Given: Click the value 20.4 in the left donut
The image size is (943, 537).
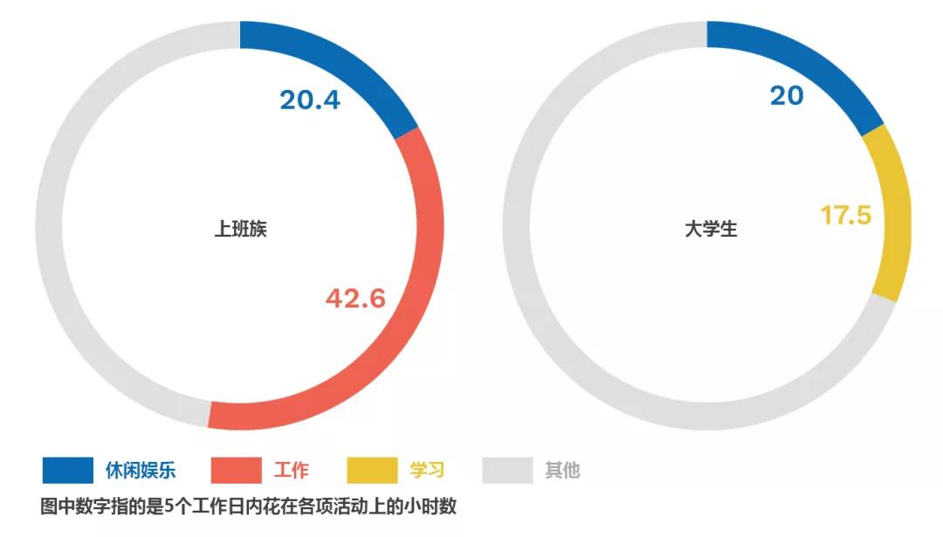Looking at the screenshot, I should (x=310, y=100).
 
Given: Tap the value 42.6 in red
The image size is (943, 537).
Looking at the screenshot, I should (x=355, y=299).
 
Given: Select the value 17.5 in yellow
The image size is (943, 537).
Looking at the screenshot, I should (x=845, y=215).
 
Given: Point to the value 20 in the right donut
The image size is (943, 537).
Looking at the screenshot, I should (x=786, y=95).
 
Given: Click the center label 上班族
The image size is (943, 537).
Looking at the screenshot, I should (x=240, y=230).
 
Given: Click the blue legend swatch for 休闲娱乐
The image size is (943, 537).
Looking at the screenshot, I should (x=67, y=470).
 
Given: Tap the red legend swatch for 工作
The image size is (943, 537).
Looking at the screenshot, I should (x=236, y=470).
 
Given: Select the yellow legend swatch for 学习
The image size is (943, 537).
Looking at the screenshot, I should (x=372, y=470).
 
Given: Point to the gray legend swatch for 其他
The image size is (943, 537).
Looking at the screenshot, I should (x=507, y=470).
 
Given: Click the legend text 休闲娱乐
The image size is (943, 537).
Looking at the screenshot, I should (x=141, y=470).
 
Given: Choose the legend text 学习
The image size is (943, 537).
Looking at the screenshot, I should (x=427, y=470).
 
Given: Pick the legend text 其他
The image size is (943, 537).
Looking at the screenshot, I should (x=562, y=470).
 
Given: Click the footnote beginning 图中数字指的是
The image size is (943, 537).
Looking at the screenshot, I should (x=249, y=507).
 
